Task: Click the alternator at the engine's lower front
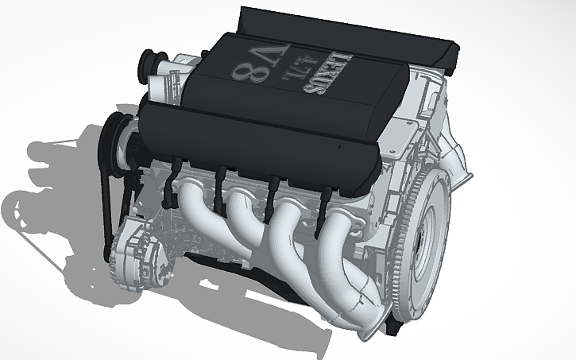pyautogui.click(x=140, y=243)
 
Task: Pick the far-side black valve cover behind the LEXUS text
pyautogui.click(x=350, y=32)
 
